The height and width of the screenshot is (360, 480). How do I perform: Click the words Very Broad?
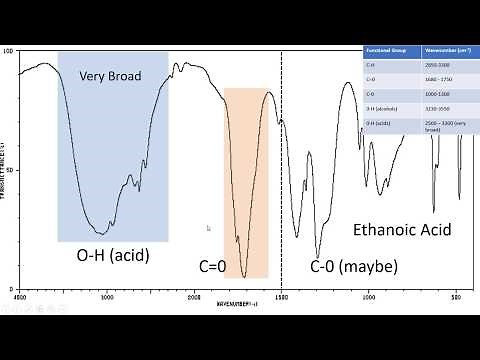tap(111, 76)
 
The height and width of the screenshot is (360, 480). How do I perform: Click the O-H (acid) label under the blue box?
tap(112, 256)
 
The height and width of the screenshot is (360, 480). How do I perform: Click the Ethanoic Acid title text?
tap(402, 230)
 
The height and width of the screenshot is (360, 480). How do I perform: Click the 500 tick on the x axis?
tap(455, 296)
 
